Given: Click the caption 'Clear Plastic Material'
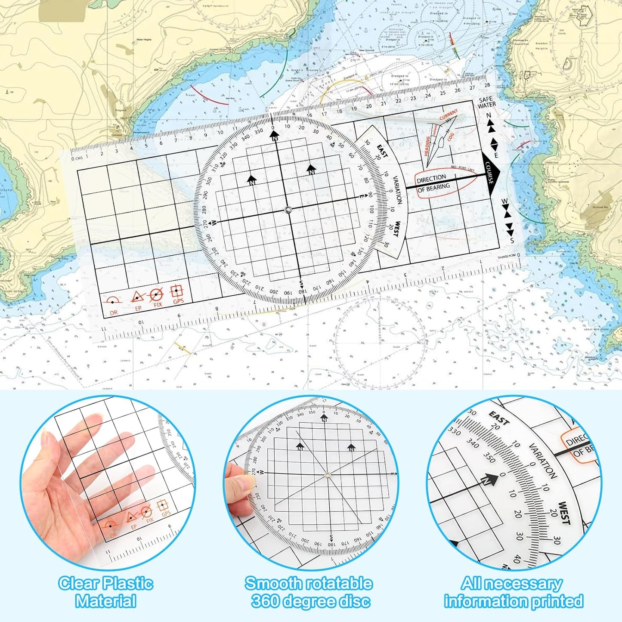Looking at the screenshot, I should click(105, 592).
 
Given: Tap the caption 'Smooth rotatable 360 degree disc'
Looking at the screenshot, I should click(309, 592).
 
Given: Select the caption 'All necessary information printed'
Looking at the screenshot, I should click(513, 592).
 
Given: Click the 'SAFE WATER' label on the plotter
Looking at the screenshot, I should click(486, 102).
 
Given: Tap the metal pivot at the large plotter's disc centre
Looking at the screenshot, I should click(288, 210).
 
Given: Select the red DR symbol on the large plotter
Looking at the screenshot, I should click(113, 302).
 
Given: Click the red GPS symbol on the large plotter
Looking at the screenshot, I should click(177, 293).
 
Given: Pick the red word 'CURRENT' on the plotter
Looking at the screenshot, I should click(449, 115).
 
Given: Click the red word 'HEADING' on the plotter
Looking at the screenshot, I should click(427, 146).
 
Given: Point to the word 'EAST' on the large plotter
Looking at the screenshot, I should click(382, 151).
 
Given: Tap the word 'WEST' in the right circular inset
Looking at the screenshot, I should click(564, 513).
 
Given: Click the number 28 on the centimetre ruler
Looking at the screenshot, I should click(487, 85).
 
